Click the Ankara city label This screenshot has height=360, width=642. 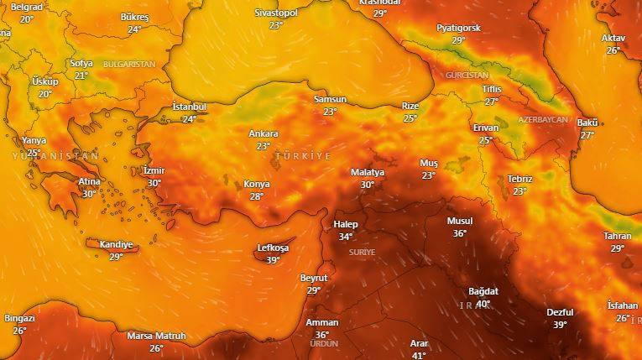click(264, 134)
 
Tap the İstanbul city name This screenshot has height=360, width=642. click(189, 107)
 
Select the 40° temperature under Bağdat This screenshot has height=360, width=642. click(483, 304)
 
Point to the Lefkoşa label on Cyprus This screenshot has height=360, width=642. click(273, 248)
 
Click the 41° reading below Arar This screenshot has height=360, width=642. click(419, 355)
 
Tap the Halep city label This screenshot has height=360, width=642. click(346, 225)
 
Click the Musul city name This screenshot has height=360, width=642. click(460, 222)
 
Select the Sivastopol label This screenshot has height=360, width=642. click(276, 13)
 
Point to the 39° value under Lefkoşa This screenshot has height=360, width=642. click(273, 260)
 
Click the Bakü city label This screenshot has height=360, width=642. click(587, 123)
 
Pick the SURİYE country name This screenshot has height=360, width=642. click(363, 252)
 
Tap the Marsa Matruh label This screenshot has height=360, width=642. click(156, 337)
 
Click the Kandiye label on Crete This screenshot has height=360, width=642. click(116, 245)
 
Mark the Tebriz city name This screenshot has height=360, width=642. click(519, 179)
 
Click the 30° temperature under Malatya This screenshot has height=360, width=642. click(368, 185)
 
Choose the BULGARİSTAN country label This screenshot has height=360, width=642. click(129, 64)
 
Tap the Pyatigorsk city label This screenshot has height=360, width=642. click(458, 28)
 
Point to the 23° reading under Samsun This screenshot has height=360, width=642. click(330, 112)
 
